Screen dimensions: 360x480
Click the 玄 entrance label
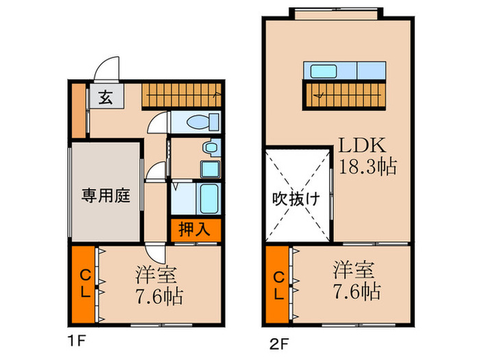coord(106,97)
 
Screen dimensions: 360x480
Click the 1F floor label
coord(74,338)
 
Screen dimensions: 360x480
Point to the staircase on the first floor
coord(182,95)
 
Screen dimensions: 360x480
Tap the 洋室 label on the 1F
coord(157,275)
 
